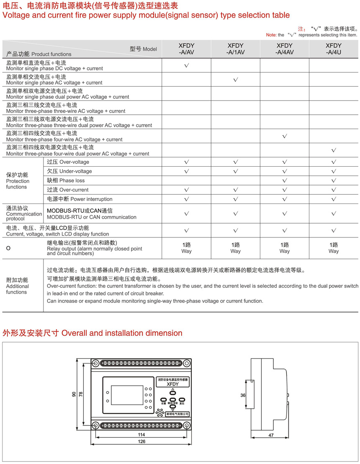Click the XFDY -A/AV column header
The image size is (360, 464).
coord(187,49)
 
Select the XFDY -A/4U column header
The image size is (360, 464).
coord(334,49)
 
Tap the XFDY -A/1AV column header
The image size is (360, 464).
coord(236,49)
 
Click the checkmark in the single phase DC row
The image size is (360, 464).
coord(187,65)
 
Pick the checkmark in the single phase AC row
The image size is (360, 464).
coord(236,80)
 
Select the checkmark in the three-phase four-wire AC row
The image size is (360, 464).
coord(285,136)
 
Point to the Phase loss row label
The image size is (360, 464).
coord(66,180)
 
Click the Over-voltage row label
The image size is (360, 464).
coord(68,162)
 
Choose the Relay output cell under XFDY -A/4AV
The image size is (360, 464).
coord(285,248)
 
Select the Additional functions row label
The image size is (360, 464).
coord(18,286)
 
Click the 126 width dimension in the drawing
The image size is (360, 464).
coord(141,442)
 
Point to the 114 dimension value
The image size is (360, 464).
coord(141,435)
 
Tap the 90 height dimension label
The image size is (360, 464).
coord(74,394)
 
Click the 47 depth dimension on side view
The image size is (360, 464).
coord(271,436)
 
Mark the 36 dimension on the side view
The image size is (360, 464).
coord(243,395)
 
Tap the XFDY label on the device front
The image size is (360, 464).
coord(172,384)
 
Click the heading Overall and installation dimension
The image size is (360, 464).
coord(93,333)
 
